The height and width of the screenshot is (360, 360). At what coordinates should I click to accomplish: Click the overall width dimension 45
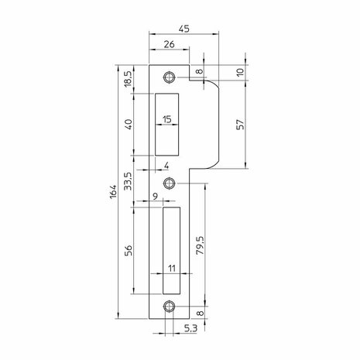tap(184, 29)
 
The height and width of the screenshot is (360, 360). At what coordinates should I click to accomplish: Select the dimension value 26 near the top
tap(170, 44)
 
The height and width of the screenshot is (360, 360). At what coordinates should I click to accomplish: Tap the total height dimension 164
tap(113, 191)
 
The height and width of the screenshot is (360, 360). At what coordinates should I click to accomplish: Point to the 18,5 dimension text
tap(129, 79)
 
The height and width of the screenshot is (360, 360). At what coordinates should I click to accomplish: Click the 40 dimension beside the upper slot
tap(129, 125)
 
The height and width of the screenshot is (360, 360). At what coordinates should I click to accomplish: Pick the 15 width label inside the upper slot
tap(167, 119)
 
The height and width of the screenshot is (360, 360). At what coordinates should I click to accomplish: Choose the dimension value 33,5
tap(129, 181)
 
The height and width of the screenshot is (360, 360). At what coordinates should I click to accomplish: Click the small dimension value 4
tap(166, 166)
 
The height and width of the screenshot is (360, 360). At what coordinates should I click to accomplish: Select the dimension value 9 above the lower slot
tap(155, 197)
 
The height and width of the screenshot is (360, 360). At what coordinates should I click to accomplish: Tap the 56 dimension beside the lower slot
tap(129, 250)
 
